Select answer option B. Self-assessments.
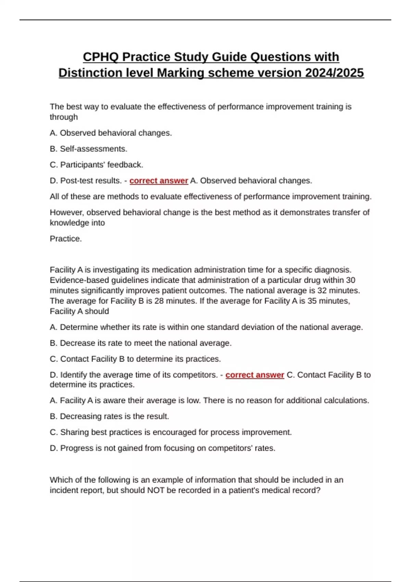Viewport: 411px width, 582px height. [88, 149]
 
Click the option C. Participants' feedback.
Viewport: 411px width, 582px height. [96, 165]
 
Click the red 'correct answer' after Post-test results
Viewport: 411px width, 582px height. [159, 181]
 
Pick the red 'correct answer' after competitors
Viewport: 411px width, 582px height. [254, 375]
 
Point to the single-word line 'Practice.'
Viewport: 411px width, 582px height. [66, 239]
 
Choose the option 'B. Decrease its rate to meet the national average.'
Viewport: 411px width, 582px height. [140, 343]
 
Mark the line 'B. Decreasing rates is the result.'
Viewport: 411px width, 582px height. [109, 416]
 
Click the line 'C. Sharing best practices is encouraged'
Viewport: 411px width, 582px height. [171, 432]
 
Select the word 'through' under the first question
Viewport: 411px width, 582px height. [64, 117]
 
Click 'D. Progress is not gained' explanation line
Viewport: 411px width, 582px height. [162, 448]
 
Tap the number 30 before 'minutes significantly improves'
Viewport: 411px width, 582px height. [350, 280]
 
